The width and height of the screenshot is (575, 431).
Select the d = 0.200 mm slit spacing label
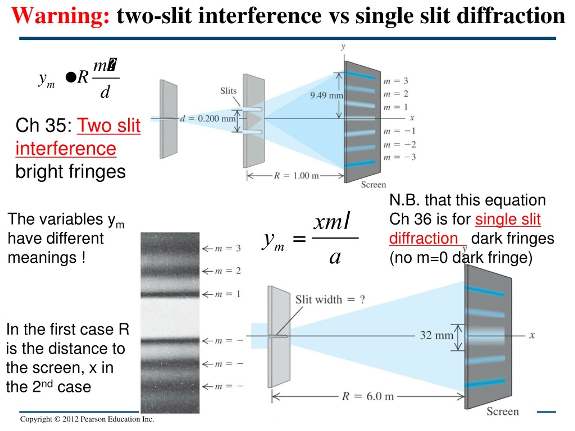click(208, 119)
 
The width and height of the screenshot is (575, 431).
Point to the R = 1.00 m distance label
click(296, 176)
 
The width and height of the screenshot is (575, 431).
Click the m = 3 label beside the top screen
click(396, 81)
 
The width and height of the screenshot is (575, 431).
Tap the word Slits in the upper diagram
click(228, 91)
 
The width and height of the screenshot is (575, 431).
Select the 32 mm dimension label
click(436, 335)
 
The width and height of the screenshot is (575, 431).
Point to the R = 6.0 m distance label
click(368, 396)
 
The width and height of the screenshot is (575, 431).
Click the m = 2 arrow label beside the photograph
click(222, 271)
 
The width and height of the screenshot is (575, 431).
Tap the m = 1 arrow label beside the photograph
click(222, 294)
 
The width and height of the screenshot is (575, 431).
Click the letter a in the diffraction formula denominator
click(335, 258)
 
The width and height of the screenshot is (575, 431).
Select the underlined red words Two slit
click(109, 125)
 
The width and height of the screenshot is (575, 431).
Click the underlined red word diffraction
click(423, 238)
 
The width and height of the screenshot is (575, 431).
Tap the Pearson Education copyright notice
click(87, 419)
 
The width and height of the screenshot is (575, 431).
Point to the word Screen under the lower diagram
click(502, 411)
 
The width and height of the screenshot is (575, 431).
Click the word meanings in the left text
click(42, 258)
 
